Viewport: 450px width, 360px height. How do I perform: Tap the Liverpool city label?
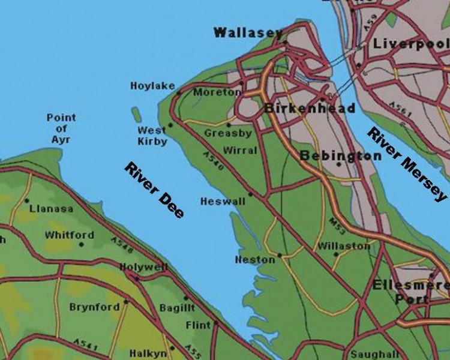[x=410, y=43]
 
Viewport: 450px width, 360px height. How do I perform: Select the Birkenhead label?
[x=309, y=109]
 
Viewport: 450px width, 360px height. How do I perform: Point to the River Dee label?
[x=154, y=190]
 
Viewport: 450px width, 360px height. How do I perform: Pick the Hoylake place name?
[x=152, y=86]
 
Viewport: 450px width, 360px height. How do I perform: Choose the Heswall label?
[x=223, y=202]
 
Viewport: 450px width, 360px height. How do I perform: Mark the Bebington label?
[x=340, y=156]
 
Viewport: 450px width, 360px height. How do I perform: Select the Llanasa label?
[x=51, y=209]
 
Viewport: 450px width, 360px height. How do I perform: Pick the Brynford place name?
[x=94, y=307]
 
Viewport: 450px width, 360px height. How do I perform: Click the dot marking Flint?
[x=216, y=323]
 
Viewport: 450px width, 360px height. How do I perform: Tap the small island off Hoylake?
[x=136, y=114]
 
